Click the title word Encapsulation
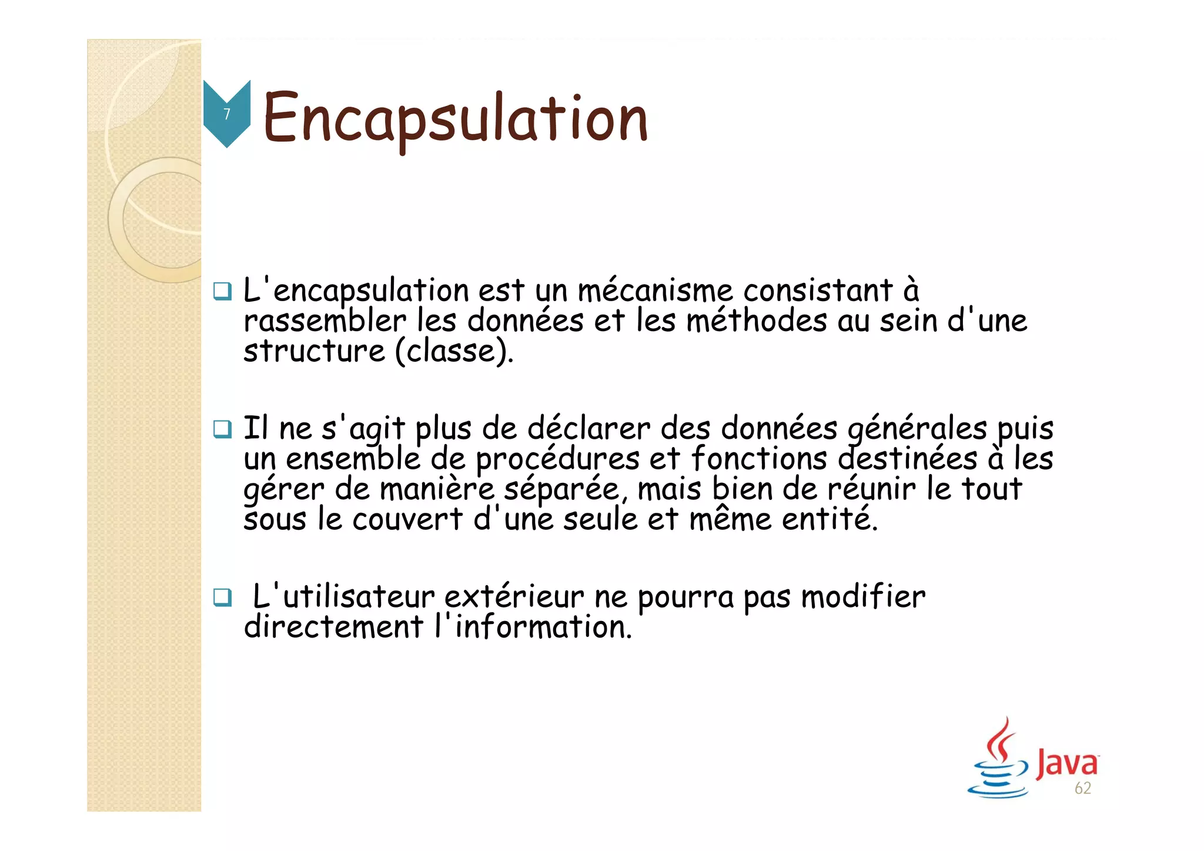pyautogui.click(x=455, y=119)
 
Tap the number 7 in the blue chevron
pyautogui.click(x=227, y=114)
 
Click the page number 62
pyautogui.click(x=1082, y=788)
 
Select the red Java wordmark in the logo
pyautogui.click(x=1066, y=763)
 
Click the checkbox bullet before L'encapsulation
pyautogui.click(x=222, y=291)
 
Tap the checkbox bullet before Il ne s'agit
pyautogui.click(x=222, y=429)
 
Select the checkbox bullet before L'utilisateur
pyautogui.click(x=222, y=598)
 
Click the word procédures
pyautogui.click(x=557, y=459)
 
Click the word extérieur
pyautogui.click(x=514, y=598)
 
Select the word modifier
pyautogui.click(x=863, y=598)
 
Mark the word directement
pyautogui.click(x=333, y=628)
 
